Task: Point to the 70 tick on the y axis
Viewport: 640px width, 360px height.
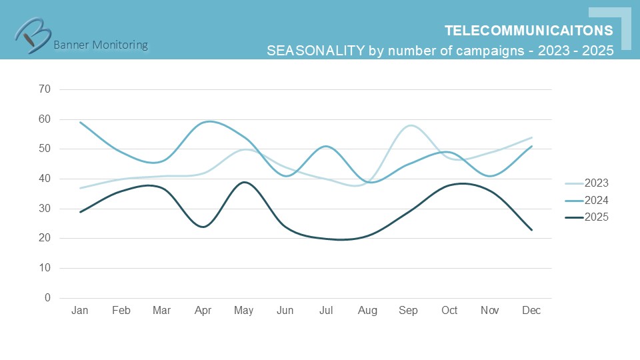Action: (x=45, y=89)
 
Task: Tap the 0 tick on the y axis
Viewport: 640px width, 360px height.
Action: (x=47, y=298)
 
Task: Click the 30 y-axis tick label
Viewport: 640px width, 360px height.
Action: (x=45, y=209)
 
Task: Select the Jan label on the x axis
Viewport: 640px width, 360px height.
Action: (x=80, y=311)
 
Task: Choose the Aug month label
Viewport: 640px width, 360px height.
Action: (x=367, y=311)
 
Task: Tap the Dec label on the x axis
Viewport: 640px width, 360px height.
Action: (x=531, y=311)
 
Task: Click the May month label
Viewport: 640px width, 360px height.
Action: (x=244, y=311)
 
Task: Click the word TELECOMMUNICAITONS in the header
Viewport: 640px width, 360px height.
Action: (x=529, y=31)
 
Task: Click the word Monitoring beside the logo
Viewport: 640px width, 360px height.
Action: (x=119, y=45)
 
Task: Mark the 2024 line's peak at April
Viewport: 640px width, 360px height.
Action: (x=209, y=121)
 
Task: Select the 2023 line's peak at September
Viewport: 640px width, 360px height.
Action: (x=409, y=125)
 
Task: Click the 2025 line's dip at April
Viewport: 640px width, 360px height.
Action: (x=203, y=227)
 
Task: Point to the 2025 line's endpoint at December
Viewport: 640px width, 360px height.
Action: (x=531, y=230)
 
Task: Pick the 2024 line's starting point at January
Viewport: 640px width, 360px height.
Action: (x=80, y=122)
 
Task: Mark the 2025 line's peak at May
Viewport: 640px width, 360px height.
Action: (x=245, y=182)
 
